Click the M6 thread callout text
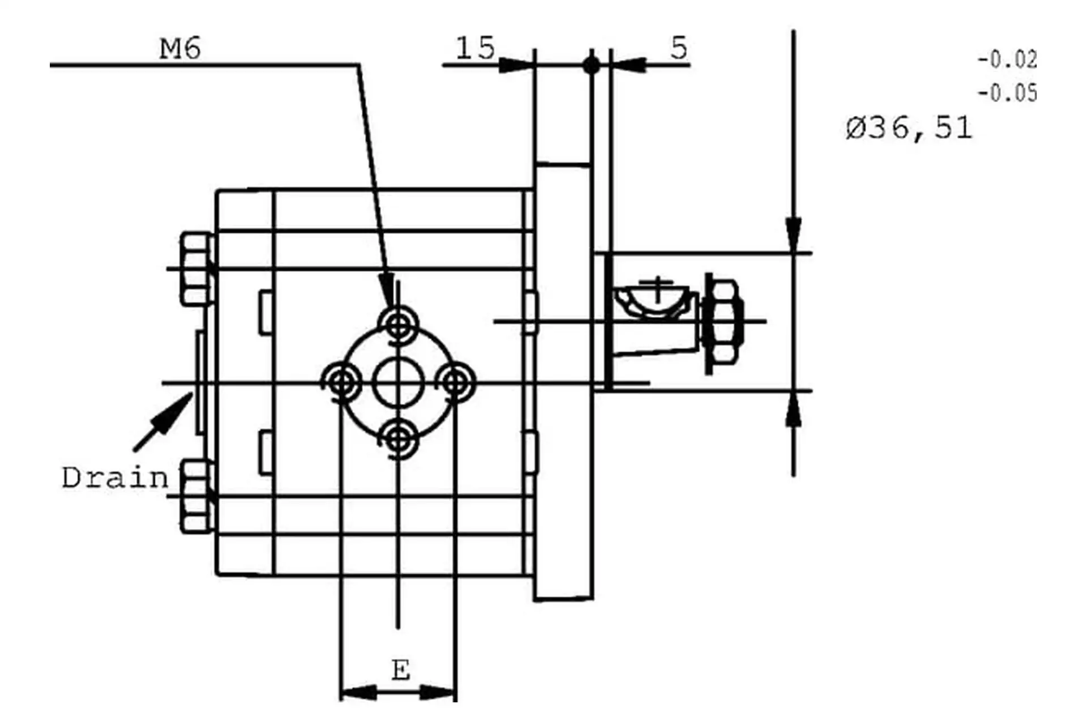(180, 49)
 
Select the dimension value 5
(679, 48)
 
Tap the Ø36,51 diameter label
(909, 128)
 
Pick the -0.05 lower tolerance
(1007, 93)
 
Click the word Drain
(115, 479)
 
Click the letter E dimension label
(400, 671)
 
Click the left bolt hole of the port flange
(342, 383)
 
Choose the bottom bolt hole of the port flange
(399, 439)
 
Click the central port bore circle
(399, 383)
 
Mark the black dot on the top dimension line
(591, 65)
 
